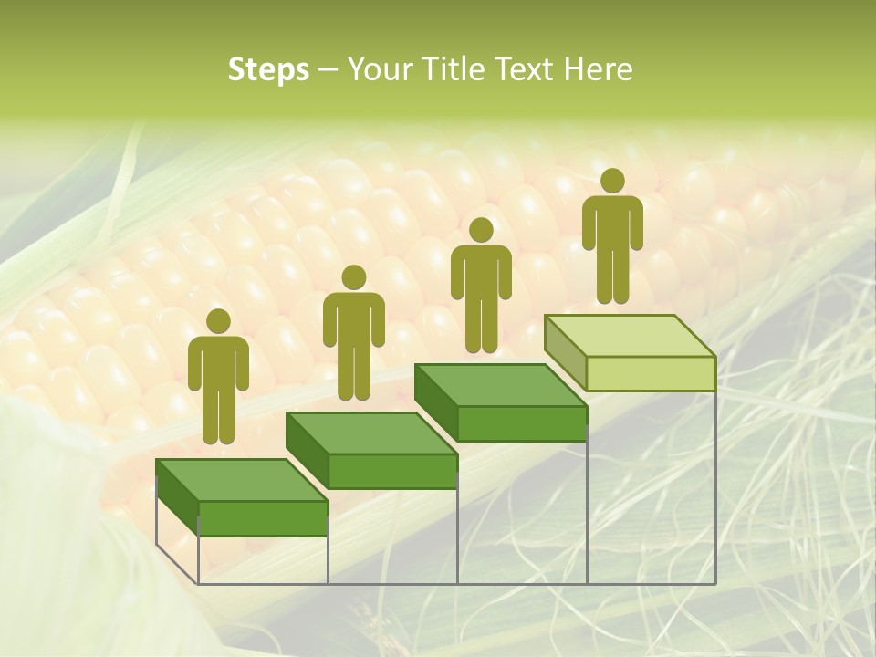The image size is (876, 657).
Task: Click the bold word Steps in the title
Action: point(268,70)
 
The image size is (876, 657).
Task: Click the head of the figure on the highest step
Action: point(612,181)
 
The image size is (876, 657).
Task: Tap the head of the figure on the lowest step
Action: point(218,321)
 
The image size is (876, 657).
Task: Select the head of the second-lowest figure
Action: point(353,277)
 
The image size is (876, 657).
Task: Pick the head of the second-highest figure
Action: point(481,230)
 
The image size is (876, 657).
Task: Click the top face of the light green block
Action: point(630,335)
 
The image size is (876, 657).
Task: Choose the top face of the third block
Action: point(500,384)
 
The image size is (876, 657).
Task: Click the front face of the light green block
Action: point(651,374)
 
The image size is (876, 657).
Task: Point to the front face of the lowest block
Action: point(263,518)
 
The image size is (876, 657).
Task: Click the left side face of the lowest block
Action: point(178,498)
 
